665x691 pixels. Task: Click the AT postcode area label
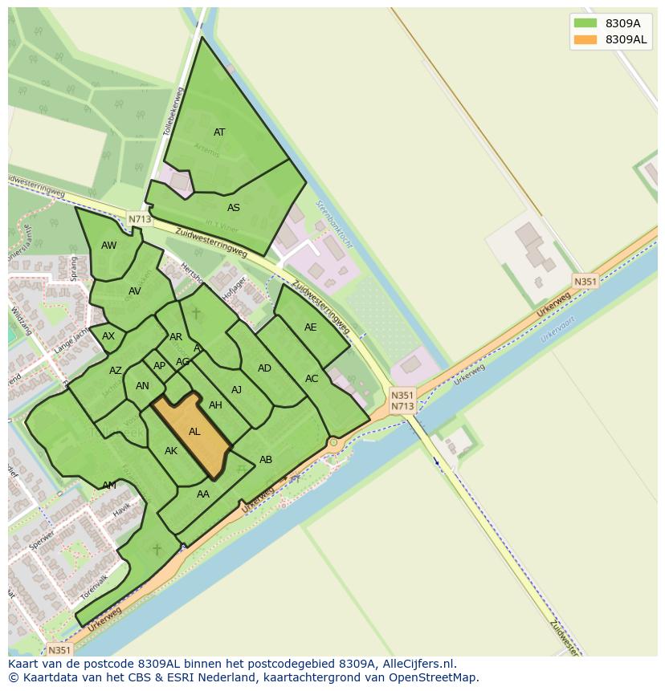[x=219, y=132]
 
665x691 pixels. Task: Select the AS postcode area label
[x=233, y=208]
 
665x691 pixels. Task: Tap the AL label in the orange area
[x=194, y=432]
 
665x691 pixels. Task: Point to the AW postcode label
[x=109, y=246]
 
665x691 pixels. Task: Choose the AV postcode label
[x=135, y=291]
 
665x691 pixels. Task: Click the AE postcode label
[x=311, y=327]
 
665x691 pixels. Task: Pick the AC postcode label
[x=312, y=379]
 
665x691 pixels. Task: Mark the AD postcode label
[x=264, y=368]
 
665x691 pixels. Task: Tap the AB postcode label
[x=266, y=460]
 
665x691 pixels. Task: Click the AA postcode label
[x=203, y=494]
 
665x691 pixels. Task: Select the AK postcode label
[x=171, y=451]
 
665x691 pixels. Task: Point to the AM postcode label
[x=109, y=486]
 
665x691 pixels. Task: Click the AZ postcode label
[x=116, y=371]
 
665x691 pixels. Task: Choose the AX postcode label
[x=108, y=336]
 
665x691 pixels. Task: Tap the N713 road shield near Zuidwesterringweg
[x=139, y=218]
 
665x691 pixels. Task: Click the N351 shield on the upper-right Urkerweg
[x=585, y=282]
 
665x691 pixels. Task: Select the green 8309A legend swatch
[x=585, y=23]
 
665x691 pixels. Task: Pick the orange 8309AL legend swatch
[x=585, y=39]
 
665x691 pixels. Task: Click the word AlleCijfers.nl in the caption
[x=418, y=664]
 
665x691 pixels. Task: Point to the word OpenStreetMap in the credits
[x=434, y=677]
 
